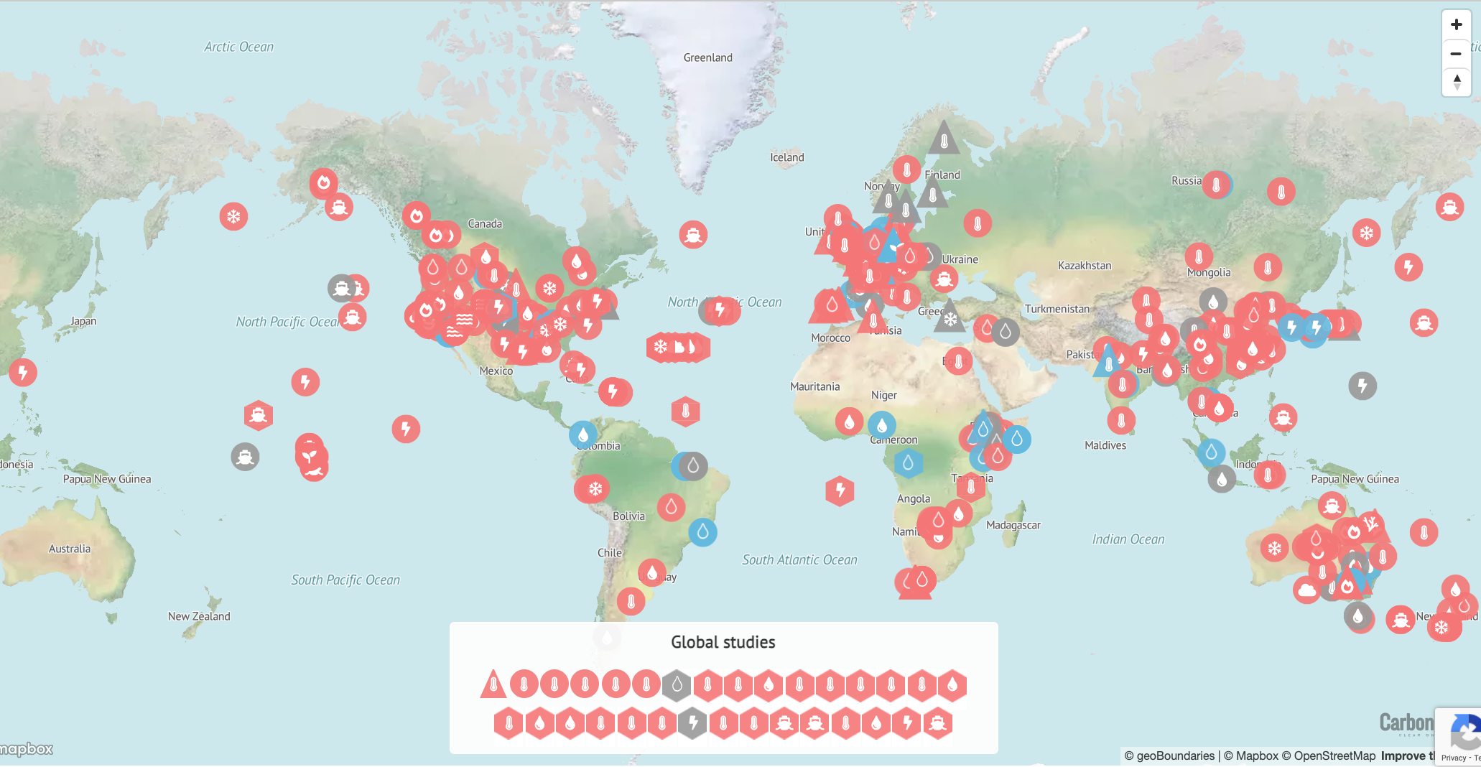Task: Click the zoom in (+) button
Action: (1456, 24)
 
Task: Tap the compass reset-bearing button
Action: (1456, 82)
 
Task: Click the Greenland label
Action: (707, 57)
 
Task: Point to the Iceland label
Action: (786, 157)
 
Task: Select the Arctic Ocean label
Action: (238, 47)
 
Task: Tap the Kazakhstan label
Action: (1084, 266)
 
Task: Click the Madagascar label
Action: (1013, 525)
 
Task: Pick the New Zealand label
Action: (199, 616)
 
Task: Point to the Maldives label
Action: (1105, 445)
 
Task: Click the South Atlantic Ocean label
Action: (799, 559)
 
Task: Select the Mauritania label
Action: (814, 386)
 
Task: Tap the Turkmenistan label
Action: (1057, 309)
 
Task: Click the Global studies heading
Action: (723, 642)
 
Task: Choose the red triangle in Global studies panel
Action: (493, 684)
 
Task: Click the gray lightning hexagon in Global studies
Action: (692, 722)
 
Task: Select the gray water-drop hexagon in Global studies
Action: (677, 685)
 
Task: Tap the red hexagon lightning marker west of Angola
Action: (840, 491)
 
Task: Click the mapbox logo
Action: (27, 749)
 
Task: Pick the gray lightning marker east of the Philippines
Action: (1362, 386)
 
